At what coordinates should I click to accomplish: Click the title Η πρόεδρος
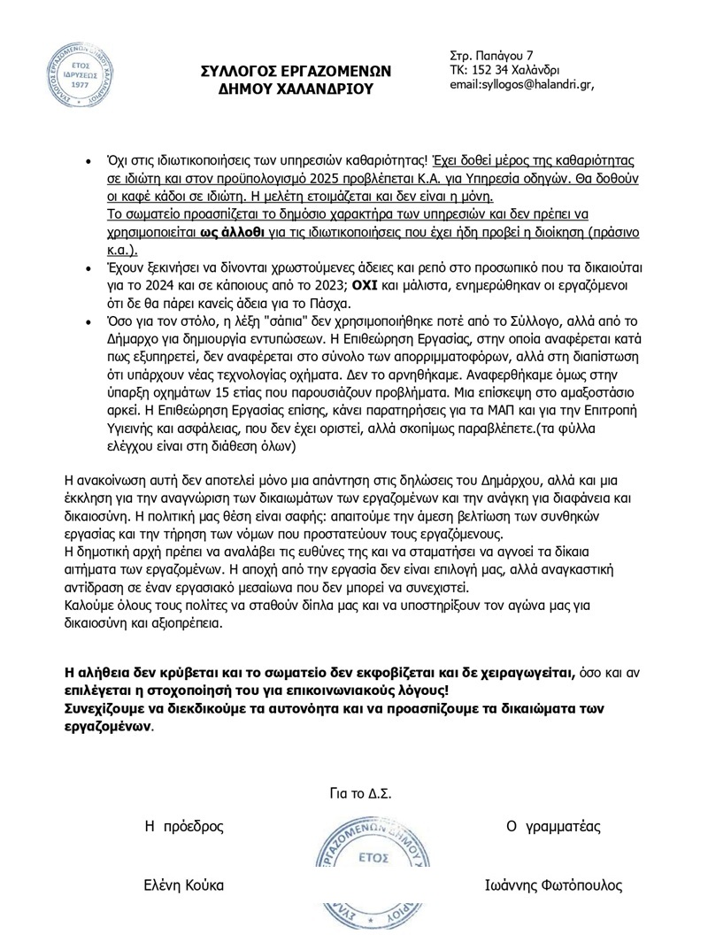(185, 827)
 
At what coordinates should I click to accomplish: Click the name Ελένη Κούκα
(185, 884)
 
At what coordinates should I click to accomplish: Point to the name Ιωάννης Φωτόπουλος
(554, 884)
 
